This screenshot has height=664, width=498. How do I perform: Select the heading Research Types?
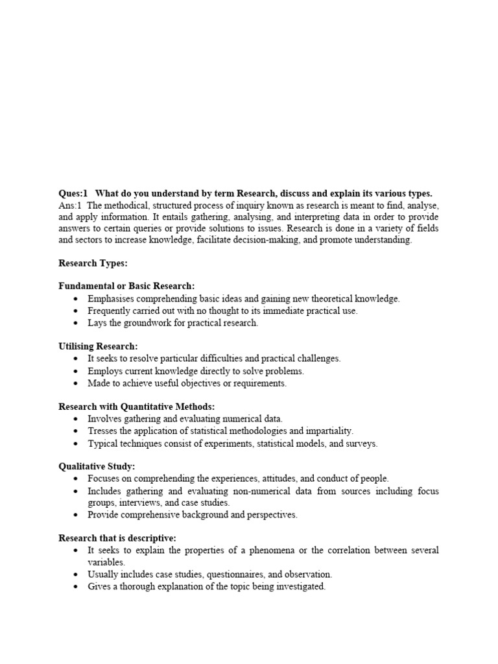pos(93,263)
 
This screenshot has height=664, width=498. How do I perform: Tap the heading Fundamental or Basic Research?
pos(126,286)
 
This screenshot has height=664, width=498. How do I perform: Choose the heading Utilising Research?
pos(98,346)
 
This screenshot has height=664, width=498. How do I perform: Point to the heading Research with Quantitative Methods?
pos(136,407)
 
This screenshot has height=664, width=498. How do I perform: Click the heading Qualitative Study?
pos(97,467)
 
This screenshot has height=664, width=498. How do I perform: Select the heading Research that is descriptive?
pos(117,538)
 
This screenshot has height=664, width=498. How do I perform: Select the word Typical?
pos(102,444)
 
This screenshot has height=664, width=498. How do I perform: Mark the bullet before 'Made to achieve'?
pos(77,383)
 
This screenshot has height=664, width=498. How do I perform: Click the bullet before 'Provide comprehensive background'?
pos(77,515)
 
